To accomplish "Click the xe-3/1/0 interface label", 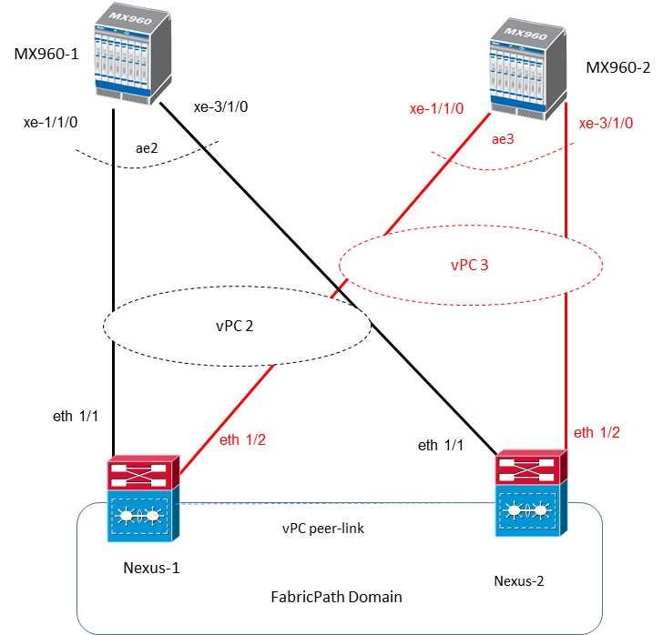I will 606,123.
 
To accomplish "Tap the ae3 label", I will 503,139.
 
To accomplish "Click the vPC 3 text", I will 470,266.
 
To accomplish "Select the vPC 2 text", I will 235,325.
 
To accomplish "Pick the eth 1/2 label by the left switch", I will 243,440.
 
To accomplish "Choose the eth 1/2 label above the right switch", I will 597,432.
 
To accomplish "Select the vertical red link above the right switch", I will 567,364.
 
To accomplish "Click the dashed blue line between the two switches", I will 337,502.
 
